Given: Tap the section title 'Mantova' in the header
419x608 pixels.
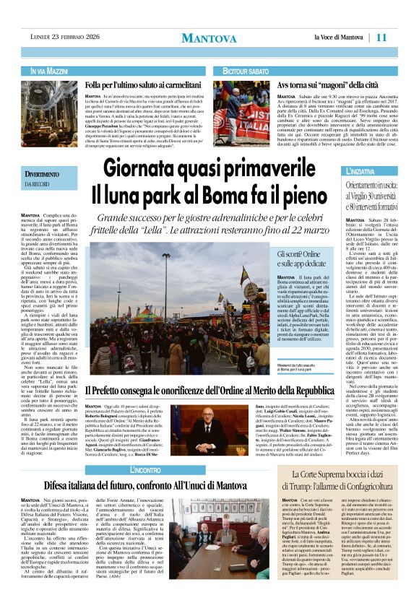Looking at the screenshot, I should click(x=209, y=38).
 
